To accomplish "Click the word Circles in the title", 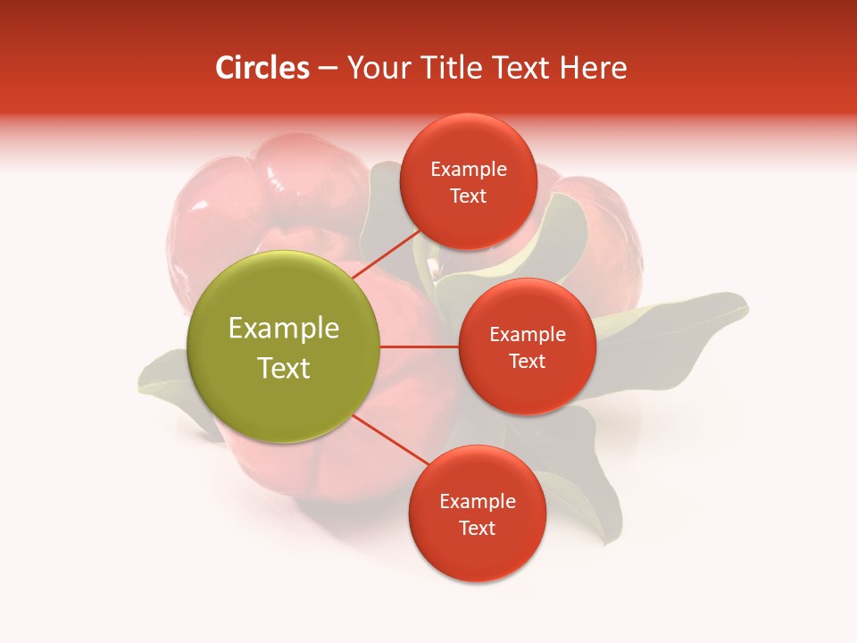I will tap(262, 68).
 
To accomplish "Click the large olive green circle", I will tap(284, 295).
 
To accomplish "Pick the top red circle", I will tap(468, 219).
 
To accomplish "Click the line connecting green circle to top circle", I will tap(386, 255).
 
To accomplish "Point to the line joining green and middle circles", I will tap(420, 347).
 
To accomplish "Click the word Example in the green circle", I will tap(284, 329).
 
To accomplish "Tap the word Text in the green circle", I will tap(284, 368).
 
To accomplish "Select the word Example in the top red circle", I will tap(469, 170).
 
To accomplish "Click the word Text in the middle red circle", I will tap(527, 361).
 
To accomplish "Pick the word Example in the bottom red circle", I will tap(478, 501).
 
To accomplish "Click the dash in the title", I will tap(328, 69).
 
